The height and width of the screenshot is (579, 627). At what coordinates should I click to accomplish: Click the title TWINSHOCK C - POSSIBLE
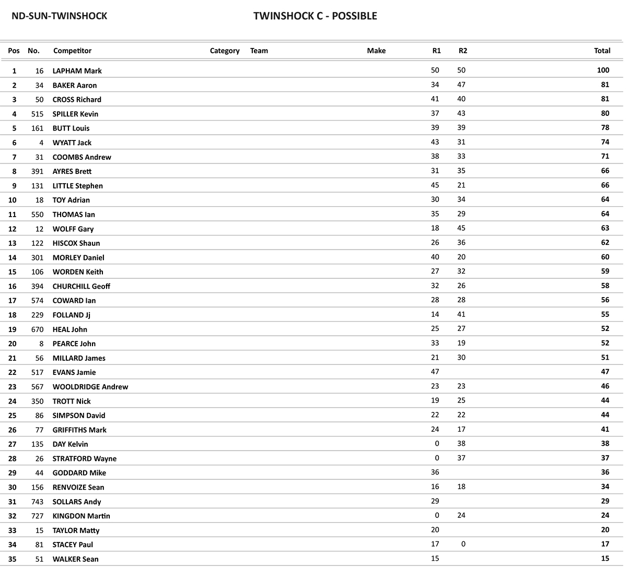(315, 16)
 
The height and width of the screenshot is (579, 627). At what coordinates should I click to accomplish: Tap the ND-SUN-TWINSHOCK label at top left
(59, 16)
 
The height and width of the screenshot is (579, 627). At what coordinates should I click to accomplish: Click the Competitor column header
(72, 51)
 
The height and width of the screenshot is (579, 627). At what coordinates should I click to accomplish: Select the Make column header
(376, 51)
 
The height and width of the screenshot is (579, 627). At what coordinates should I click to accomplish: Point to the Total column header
(602, 51)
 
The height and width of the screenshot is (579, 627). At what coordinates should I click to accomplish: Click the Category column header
(225, 51)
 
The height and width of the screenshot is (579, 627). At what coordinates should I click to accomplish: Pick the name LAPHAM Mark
(77, 71)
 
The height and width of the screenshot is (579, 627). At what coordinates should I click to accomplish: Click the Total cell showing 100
(603, 70)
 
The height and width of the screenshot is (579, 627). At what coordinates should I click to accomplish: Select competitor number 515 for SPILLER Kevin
(37, 114)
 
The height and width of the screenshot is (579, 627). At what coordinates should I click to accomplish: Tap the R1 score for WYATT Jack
(435, 142)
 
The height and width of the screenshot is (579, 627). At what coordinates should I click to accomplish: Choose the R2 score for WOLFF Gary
(461, 228)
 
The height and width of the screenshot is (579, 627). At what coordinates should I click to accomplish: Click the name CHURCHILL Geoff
(81, 286)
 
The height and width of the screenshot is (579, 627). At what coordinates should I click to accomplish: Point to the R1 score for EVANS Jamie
(435, 372)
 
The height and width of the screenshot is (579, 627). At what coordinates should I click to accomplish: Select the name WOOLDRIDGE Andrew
(90, 387)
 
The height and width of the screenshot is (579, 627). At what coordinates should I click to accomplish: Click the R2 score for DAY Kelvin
(461, 443)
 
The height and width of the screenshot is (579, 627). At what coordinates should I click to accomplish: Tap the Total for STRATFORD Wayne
(605, 458)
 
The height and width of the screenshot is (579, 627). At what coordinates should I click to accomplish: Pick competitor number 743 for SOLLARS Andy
(37, 502)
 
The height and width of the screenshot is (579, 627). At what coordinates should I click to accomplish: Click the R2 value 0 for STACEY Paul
(463, 544)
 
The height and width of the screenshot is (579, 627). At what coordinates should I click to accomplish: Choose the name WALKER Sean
(75, 559)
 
